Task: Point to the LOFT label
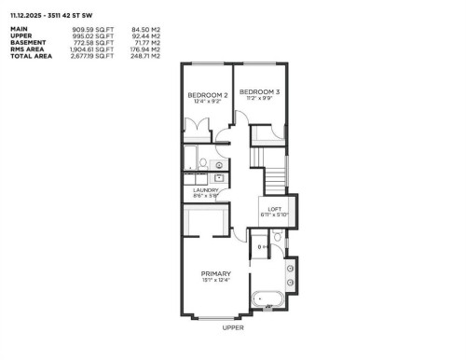[275, 208]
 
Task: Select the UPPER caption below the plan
[233, 328]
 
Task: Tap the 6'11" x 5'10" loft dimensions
[275, 215]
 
